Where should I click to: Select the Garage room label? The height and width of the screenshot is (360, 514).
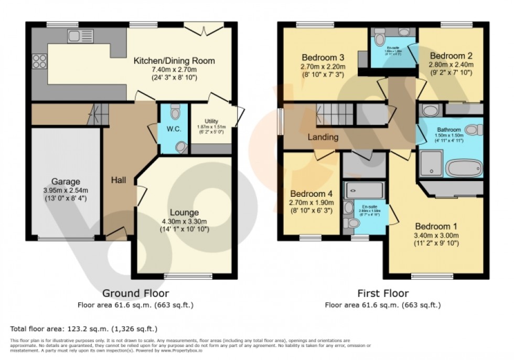66,182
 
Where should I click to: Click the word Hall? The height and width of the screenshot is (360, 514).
118,180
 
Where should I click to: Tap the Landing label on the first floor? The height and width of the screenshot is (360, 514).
323,136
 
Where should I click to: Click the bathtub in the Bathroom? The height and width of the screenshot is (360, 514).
463,168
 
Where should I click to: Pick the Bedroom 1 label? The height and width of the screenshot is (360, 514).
436,226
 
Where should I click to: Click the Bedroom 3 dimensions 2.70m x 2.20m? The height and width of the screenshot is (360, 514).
323,67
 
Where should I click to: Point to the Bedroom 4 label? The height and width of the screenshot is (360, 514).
308,192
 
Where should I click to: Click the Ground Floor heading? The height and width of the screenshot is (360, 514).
135,293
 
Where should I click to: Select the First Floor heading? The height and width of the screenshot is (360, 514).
382,293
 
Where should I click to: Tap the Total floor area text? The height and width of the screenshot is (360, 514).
84,329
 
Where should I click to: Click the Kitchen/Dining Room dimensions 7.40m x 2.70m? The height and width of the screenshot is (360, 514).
174,70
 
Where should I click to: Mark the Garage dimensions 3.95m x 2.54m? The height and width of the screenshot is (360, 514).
66,190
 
